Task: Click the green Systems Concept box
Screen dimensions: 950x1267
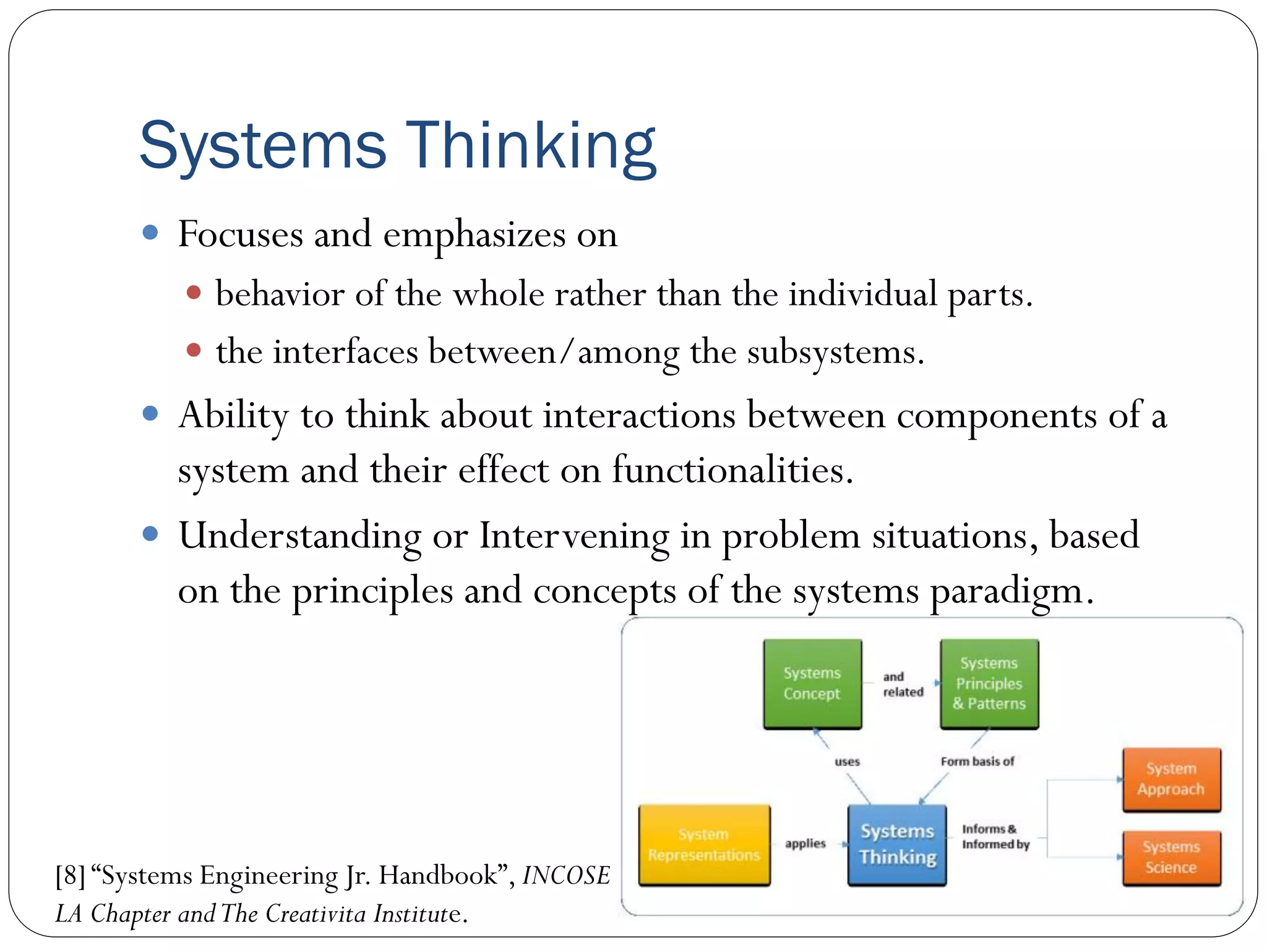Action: (x=812, y=683)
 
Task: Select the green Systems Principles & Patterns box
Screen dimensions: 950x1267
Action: (x=989, y=683)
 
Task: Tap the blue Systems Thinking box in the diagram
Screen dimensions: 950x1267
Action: (x=897, y=844)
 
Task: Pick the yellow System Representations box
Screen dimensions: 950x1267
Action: (x=704, y=845)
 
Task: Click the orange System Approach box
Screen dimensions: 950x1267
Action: (x=1171, y=779)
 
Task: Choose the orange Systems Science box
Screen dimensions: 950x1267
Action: (x=1171, y=857)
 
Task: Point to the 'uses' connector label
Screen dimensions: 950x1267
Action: (x=847, y=761)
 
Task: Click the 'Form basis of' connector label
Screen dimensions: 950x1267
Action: (x=977, y=761)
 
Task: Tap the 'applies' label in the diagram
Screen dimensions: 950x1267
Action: (x=805, y=844)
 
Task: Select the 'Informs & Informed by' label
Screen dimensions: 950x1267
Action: (x=995, y=837)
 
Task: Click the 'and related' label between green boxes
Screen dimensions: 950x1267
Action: (x=903, y=684)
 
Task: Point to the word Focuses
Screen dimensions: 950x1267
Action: (x=241, y=235)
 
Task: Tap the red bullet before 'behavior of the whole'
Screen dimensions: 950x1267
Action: (x=194, y=292)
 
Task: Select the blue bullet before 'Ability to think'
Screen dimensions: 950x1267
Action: (x=150, y=413)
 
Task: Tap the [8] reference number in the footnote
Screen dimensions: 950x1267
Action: (x=70, y=876)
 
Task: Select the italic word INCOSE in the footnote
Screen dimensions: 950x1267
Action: (x=566, y=876)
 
